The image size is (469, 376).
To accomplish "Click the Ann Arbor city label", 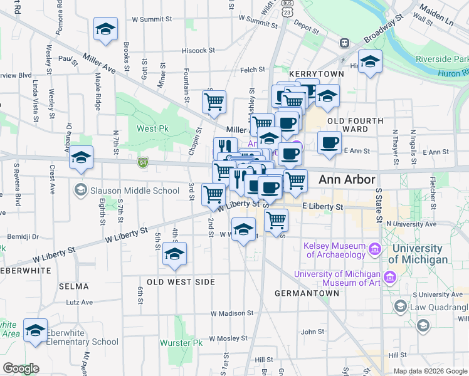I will click(x=347, y=179).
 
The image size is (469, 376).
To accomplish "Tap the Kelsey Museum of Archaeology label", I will click(x=334, y=250).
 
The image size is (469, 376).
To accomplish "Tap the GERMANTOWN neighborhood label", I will click(x=298, y=293).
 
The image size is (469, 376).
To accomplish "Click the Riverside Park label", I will click(x=441, y=59).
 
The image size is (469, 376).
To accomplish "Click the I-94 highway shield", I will click(x=143, y=163).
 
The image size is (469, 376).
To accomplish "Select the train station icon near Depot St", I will click(x=344, y=43).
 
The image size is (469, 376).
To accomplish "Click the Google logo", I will click(x=21, y=368).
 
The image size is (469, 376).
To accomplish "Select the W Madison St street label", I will click(x=233, y=313).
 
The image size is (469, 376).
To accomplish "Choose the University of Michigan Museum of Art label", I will click(x=337, y=278).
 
